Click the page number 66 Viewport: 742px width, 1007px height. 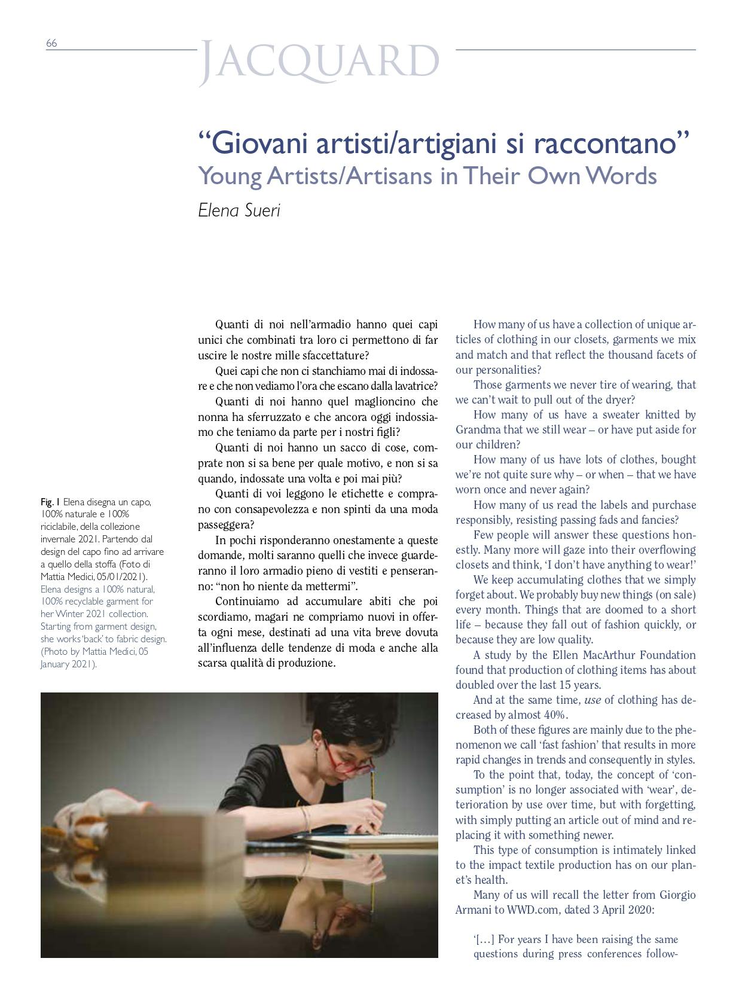[51, 43]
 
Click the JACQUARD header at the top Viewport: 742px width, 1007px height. [319, 62]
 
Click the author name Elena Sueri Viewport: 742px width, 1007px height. [239, 210]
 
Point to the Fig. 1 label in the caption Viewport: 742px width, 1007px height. [50, 502]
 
